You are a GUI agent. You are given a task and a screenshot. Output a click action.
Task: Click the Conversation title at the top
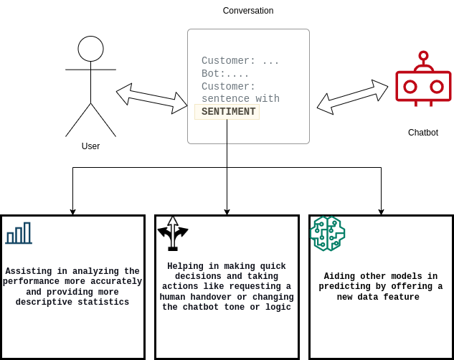coord(247,11)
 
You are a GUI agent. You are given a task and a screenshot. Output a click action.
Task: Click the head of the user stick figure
coord(90,49)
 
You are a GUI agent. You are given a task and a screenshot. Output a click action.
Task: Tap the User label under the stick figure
coord(90,146)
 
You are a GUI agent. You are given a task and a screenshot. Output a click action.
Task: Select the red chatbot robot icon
coord(423,82)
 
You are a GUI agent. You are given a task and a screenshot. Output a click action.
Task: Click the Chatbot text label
coord(422,133)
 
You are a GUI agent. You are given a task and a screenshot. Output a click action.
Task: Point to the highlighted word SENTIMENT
coord(228,112)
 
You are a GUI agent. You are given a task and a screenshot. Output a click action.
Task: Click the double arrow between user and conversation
coord(151,98)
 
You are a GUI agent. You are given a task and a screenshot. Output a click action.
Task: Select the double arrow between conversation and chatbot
coord(352,97)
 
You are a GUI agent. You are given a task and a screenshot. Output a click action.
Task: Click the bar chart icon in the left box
coord(19,233)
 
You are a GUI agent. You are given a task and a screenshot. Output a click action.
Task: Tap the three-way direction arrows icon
coord(173,233)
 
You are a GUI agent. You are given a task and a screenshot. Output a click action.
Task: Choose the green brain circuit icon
coord(327,233)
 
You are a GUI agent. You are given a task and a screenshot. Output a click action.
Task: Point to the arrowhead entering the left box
coord(72,212)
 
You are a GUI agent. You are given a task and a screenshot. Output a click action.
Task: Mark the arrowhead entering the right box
coord(381,212)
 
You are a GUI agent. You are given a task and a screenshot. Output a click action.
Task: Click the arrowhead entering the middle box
coord(227,212)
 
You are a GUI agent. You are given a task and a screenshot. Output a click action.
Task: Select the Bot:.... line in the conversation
coord(225,74)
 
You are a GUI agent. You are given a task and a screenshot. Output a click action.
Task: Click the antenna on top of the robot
coord(423,56)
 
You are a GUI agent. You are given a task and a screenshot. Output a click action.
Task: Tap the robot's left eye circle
coord(410,87)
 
